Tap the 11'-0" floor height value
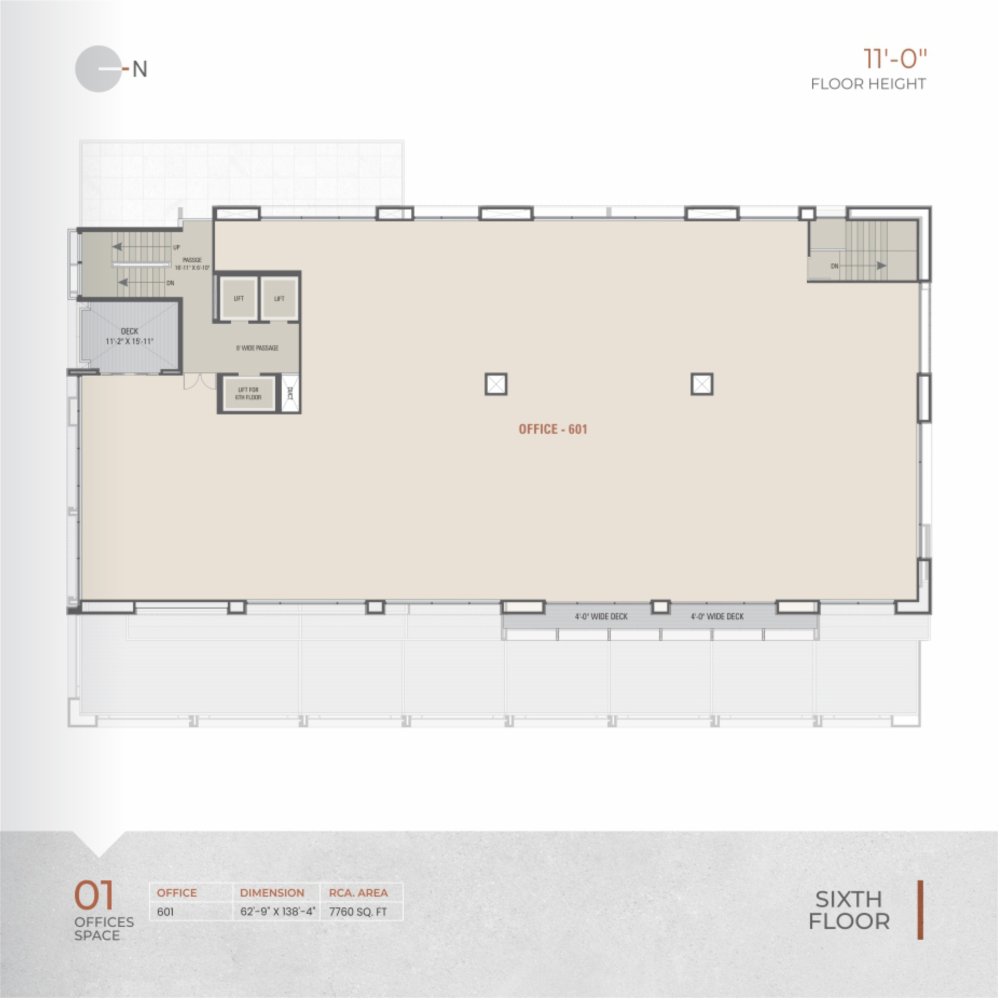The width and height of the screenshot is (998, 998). point(895,59)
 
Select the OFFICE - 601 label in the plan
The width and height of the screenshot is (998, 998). point(553,429)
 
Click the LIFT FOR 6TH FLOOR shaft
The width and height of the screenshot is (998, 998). point(249,394)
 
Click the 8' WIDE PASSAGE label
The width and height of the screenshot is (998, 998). point(257,348)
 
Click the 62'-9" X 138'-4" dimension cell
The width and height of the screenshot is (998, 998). point(277,912)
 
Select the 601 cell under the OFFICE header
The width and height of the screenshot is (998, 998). point(165,912)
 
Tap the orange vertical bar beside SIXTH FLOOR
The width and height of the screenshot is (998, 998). point(920,910)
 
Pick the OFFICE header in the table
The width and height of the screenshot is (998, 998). point(177,893)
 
